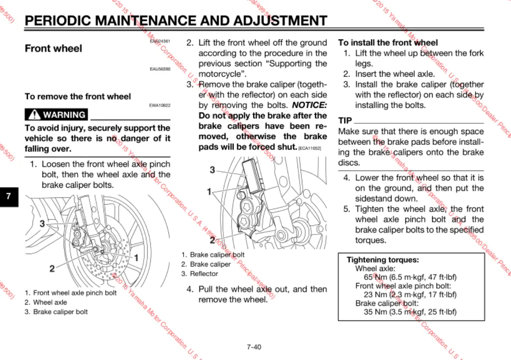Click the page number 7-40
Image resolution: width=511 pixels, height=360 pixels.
point(254,347)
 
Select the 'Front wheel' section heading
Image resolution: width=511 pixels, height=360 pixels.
point(53,48)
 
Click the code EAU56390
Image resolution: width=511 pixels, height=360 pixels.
point(160,69)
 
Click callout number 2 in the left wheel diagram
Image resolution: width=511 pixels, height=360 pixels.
point(52,269)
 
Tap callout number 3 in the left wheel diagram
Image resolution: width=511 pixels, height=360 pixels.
point(42,224)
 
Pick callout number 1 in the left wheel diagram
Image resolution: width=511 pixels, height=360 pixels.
point(136,258)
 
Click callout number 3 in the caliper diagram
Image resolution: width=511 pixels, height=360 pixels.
point(212,170)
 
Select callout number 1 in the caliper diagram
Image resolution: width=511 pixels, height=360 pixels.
point(209,191)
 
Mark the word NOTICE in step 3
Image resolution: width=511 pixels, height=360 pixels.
point(309,105)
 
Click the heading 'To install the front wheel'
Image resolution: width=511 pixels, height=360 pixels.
point(388,43)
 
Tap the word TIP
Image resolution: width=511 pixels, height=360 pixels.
point(345,120)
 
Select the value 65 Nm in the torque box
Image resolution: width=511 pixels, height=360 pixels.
point(375,277)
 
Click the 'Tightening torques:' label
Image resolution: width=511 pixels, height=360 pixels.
point(382,260)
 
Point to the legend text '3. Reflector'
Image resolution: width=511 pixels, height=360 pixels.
point(200,274)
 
